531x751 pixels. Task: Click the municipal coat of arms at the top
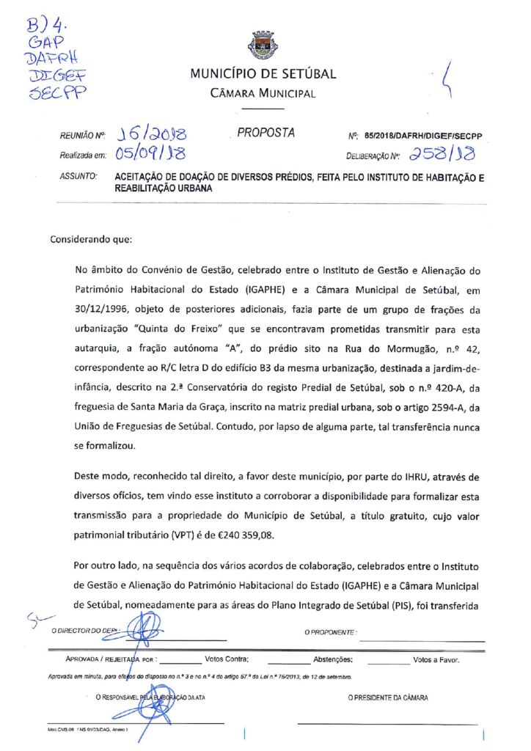(x=263, y=45)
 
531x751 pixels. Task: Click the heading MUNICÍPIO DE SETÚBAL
(x=263, y=74)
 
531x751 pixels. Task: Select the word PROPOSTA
(x=266, y=133)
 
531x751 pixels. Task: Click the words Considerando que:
(x=92, y=239)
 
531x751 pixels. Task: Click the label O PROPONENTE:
(x=330, y=631)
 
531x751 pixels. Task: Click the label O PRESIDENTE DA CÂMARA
(x=388, y=697)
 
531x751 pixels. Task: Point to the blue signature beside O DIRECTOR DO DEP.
(x=150, y=629)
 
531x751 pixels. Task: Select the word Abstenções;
(x=334, y=659)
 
